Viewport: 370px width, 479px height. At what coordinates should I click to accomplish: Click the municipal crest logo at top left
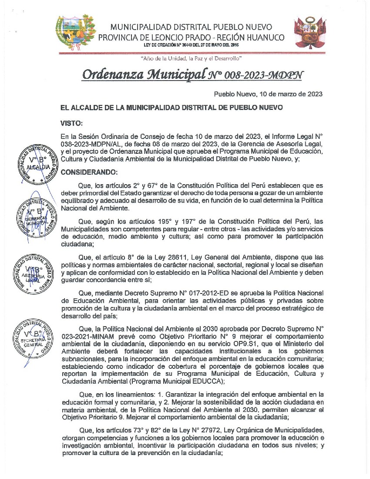75,33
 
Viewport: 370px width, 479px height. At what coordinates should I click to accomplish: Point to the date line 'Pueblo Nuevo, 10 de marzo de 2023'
268,94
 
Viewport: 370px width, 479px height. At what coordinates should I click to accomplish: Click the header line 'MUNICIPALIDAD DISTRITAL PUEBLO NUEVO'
192,27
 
